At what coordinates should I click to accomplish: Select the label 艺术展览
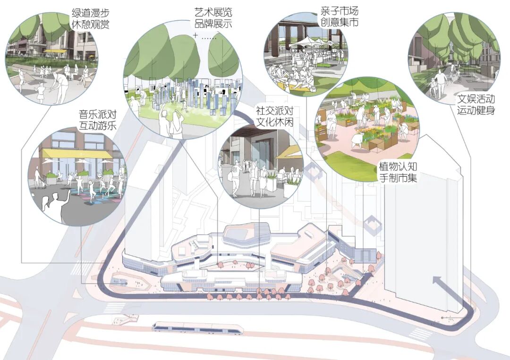coord(213,12)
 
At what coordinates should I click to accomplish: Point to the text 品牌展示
coord(213,24)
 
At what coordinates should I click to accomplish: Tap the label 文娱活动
coord(476,100)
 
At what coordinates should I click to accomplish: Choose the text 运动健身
coord(476,112)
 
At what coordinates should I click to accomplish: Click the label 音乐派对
coord(98,115)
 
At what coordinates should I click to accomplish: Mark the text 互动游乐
coord(98,126)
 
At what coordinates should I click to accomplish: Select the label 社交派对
coord(274,111)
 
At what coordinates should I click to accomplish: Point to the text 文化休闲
coord(274,123)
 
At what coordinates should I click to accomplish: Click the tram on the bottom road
coord(198,327)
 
